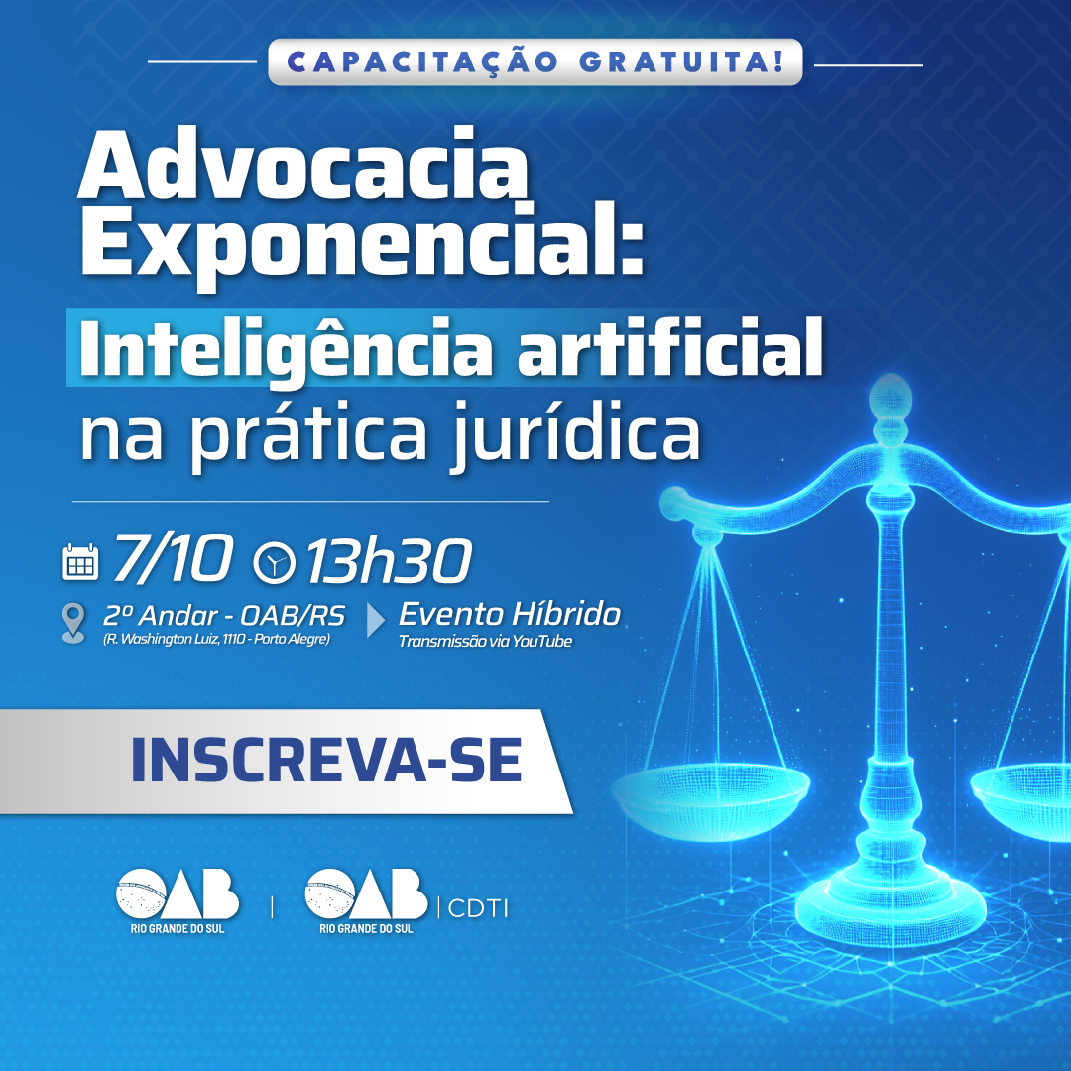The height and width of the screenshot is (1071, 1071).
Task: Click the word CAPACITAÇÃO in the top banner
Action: (422, 62)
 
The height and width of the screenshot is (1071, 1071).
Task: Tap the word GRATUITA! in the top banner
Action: (681, 62)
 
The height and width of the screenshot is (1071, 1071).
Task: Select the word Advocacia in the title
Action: (303, 166)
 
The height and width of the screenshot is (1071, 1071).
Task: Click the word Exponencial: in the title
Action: (363, 243)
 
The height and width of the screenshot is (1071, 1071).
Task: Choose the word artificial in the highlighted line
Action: (670, 347)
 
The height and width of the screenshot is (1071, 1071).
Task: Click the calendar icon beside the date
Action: (80, 562)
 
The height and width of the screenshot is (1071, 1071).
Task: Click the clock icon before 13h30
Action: (275, 562)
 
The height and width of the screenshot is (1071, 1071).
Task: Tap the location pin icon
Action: (73, 622)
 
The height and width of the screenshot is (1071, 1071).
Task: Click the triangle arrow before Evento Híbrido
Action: (375, 620)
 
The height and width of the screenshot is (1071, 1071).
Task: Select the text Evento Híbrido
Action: (510, 614)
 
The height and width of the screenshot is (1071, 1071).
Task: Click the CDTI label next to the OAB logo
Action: (478, 908)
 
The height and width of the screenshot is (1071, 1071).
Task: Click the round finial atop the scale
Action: (891, 396)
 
